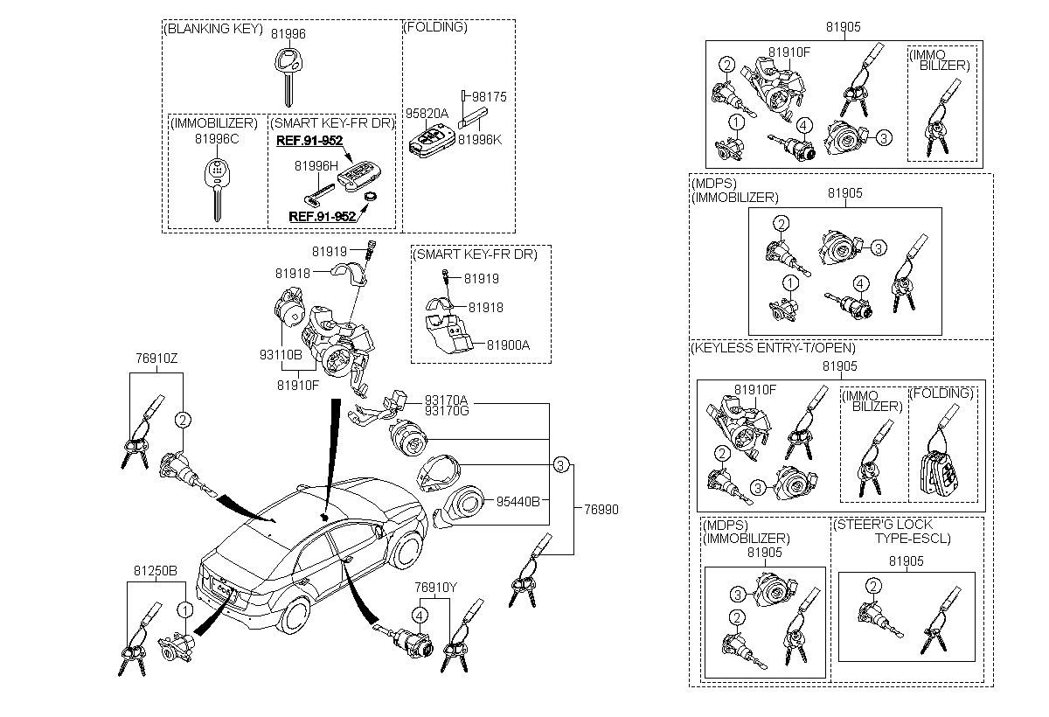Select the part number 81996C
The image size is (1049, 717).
pyautogui.click(x=217, y=138)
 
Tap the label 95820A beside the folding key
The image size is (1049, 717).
pyautogui.click(x=426, y=114)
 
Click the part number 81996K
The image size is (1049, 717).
pyautogui.click(x=482, y=138)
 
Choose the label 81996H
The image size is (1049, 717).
pyautogui.click(x=316, y=165)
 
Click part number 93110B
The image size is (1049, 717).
pyautogui.click(x=281, y=355)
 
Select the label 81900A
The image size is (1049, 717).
pyautogui.click(x=508, y=345)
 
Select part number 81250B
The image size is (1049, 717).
pyautogui.click(x=156, y=570)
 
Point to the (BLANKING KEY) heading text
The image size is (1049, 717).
pyautogui.click(x=213, y=28)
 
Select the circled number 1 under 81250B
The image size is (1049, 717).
pyautogui.click(x=184, y=609)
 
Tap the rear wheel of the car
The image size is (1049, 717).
pyautogui.click(x=295, y=617)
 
